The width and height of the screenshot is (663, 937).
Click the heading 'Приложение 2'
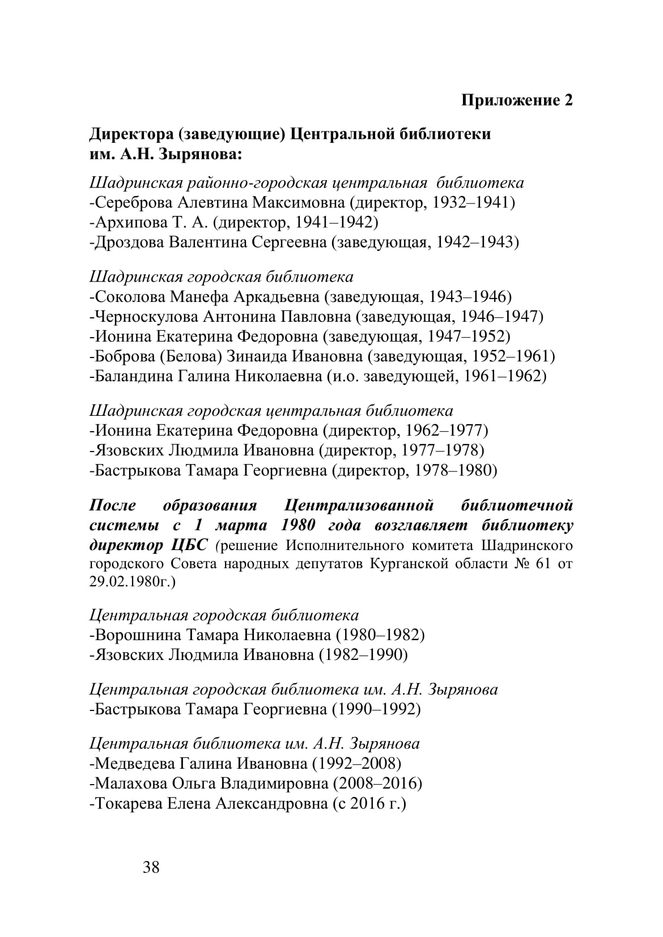tap(517, 100)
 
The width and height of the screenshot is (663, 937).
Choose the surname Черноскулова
tap(146, 316)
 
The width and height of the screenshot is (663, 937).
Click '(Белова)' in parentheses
tap(190, 356)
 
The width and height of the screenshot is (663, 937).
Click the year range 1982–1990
tap(364, 655)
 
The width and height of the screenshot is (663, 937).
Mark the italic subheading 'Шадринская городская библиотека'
tap(222, 277)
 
